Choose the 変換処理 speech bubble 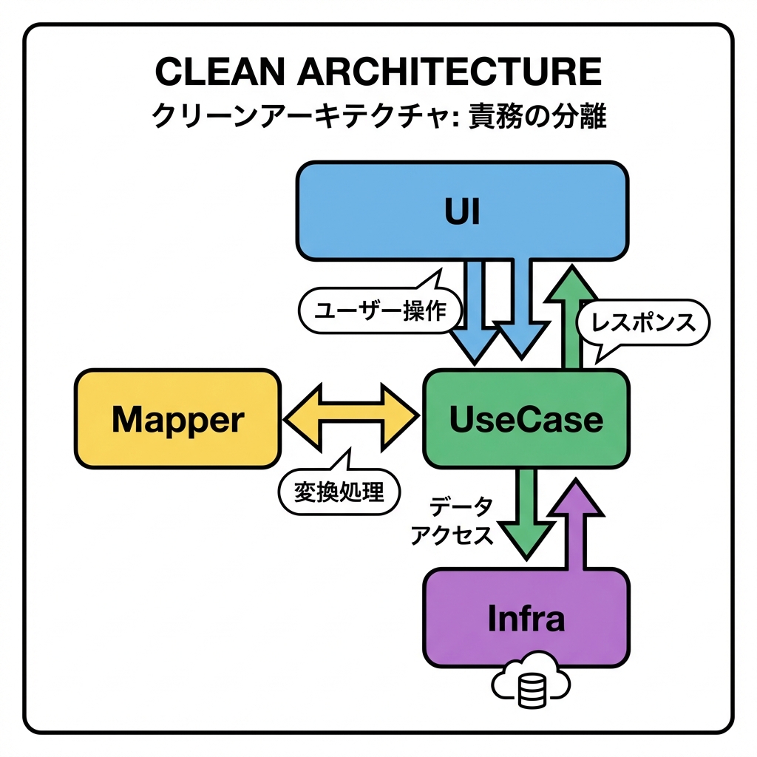[339, 491]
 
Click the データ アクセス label [451, 521]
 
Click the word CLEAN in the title [214, 72]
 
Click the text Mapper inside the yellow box [177, 420]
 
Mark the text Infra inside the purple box [526, 619]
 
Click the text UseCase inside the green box [526, 420]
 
